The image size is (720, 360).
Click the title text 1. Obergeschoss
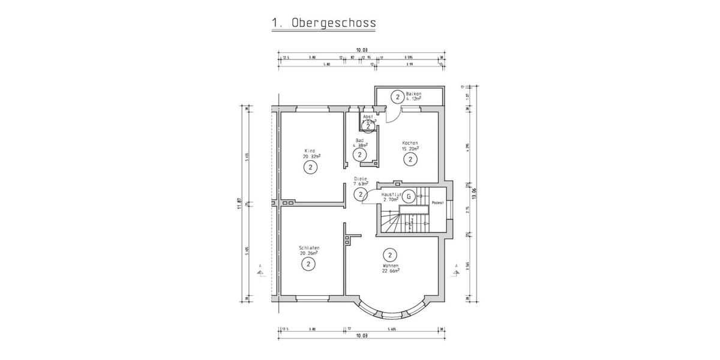(323, 23)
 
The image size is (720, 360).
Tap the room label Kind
(310, 150)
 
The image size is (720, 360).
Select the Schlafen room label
(309, 248)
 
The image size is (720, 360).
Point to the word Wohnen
(390, 265)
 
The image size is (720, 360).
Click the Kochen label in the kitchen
(410, 143)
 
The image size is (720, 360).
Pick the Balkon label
(413, 94)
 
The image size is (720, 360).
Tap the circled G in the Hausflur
(408, 196)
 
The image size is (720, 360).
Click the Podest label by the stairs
(438, 203)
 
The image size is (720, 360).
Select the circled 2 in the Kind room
(310, 167)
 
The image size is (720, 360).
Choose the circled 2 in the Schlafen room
(308, 263)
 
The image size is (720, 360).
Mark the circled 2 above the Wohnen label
(389, 254)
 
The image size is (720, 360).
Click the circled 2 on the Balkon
(397, 96)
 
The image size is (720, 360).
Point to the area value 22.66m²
(391, 271)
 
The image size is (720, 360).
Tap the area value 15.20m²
(410, 148)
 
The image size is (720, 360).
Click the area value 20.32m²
(311, 155)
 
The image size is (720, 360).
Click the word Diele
(360, 178)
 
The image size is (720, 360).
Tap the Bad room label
(359, 140)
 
